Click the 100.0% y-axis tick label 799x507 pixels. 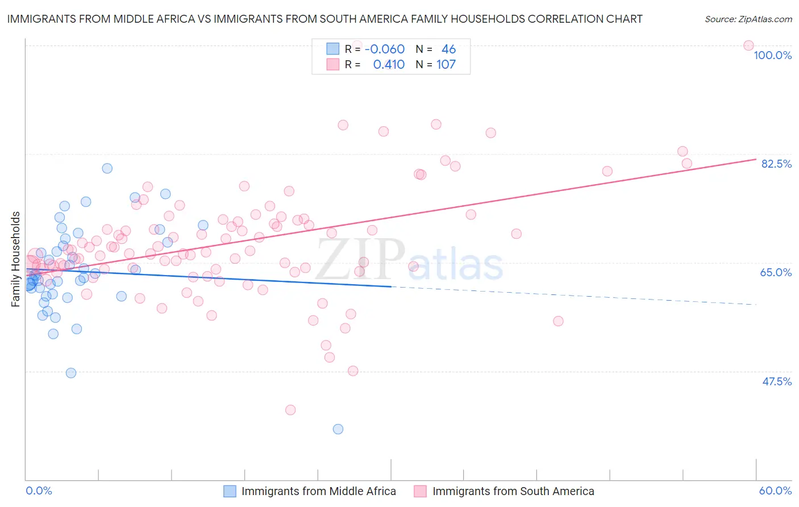point(772,55)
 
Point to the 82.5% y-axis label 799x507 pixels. point(776,164)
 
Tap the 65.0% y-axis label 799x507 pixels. point(776,272)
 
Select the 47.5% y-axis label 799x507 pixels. point(776,381)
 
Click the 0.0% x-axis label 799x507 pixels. point(39,491)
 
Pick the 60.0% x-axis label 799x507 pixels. point(775,491)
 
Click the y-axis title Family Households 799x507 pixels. point(16,259)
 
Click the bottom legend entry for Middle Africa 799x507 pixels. point(318,491)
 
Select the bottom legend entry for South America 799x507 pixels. point(513,491)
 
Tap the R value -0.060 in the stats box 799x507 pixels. point(385,49)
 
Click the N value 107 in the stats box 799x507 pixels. point(446,64)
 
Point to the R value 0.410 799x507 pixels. point(389,64)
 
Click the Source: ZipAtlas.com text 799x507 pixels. point(748,19)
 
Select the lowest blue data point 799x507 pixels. point(338,429)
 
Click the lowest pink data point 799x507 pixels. point(290,410)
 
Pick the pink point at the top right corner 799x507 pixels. point(748,45)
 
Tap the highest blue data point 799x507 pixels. point(107,168)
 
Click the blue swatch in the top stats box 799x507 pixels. point(332,49)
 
